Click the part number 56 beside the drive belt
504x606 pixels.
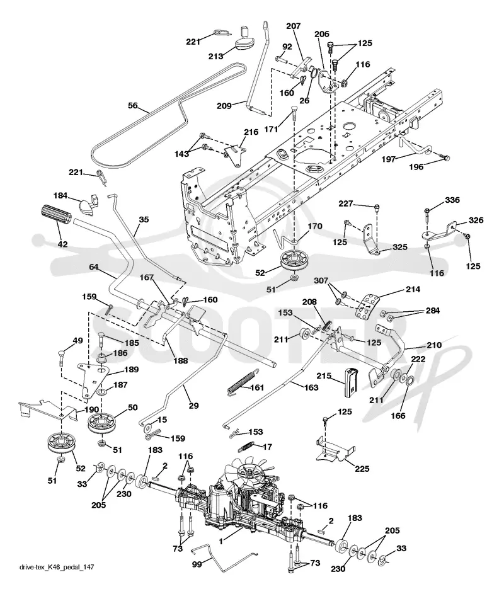pyautogui.click(x=132, y=105)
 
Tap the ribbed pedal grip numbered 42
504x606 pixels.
pyautogui.click(x=55, y=215)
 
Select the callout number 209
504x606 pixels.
pyautogui.click(x=224, y=105)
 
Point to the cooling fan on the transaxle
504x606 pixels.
pyautogui.click(x=250, y=469)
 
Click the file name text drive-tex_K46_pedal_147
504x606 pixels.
pyautogui.click(x=57, y=567)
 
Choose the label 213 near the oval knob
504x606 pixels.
pyautogui.click(x=215, y=57)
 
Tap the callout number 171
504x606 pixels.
pyautogui.click(x=271, y=130)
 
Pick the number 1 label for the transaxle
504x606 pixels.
pyautogui.click(x=220, y=542)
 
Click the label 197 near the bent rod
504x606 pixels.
pyautogui.click(x=389, y=159)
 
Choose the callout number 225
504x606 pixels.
pyautogui.click(x=362, y=469)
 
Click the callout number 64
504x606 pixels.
pyautogui.click(x=94, y=266)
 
